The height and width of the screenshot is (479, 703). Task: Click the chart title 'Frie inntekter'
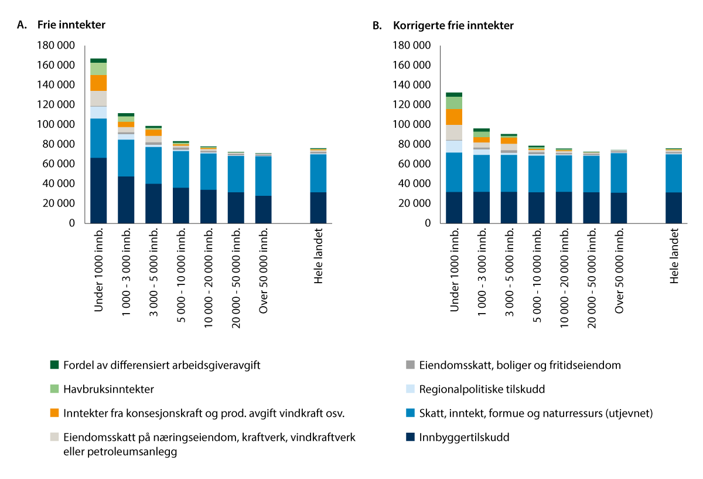click(71, 25)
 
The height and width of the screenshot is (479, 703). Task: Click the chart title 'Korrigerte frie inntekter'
click(453, 26)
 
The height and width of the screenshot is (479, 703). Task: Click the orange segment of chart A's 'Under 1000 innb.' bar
click(98, 83)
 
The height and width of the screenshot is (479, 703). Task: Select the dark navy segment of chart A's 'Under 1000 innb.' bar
click(98, 191)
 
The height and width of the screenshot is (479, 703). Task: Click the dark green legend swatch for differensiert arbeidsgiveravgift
click(54, 365)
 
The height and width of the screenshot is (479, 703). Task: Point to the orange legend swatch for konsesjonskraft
click(54, 413)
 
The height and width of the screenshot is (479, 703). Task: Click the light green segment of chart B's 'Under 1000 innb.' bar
click(454, 103)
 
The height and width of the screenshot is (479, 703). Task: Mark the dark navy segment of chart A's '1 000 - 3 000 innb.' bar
click(126, 199)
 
